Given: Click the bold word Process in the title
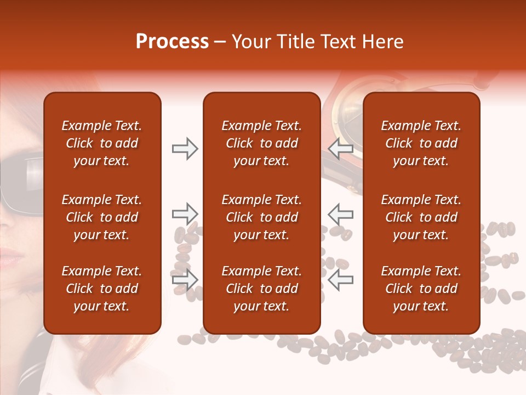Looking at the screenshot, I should pyautogui.click(x=172, y=42).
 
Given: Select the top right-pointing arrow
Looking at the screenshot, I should pyautogui.click(x=185, y=149).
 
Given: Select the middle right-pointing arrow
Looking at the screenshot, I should pyautogui.click(x=185, y=214).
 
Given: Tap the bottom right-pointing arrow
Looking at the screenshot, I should pyautogui.click(x=185, y=280).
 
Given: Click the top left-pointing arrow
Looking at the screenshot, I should pyautogui.click(x=340, y=149).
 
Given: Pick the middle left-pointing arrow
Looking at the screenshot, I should pyautogui.click(x=340, y=214).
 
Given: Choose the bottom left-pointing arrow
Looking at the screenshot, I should pyautogui.click(x=340, y=280).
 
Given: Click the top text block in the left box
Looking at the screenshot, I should pyautogui.click(x=102, y=143).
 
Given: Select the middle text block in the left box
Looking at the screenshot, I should pyautogui.click(x=102, y=217).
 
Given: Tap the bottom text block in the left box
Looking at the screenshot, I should pyautogui.click(x=102, y=289).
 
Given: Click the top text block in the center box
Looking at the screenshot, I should pyautogui.click(x=261, y=143).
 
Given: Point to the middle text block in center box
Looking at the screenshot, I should pyautogui.click(x=261, y=217).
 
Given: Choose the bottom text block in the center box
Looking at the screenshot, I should pyautogui.click(x=261, y=289).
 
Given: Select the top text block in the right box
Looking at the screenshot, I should pyautogui.click(x=421, y=143).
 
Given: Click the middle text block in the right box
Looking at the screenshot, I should pyautogui.click(x=421, y=217).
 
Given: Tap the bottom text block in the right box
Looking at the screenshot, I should pyautogui.click(x=421, y=289).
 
